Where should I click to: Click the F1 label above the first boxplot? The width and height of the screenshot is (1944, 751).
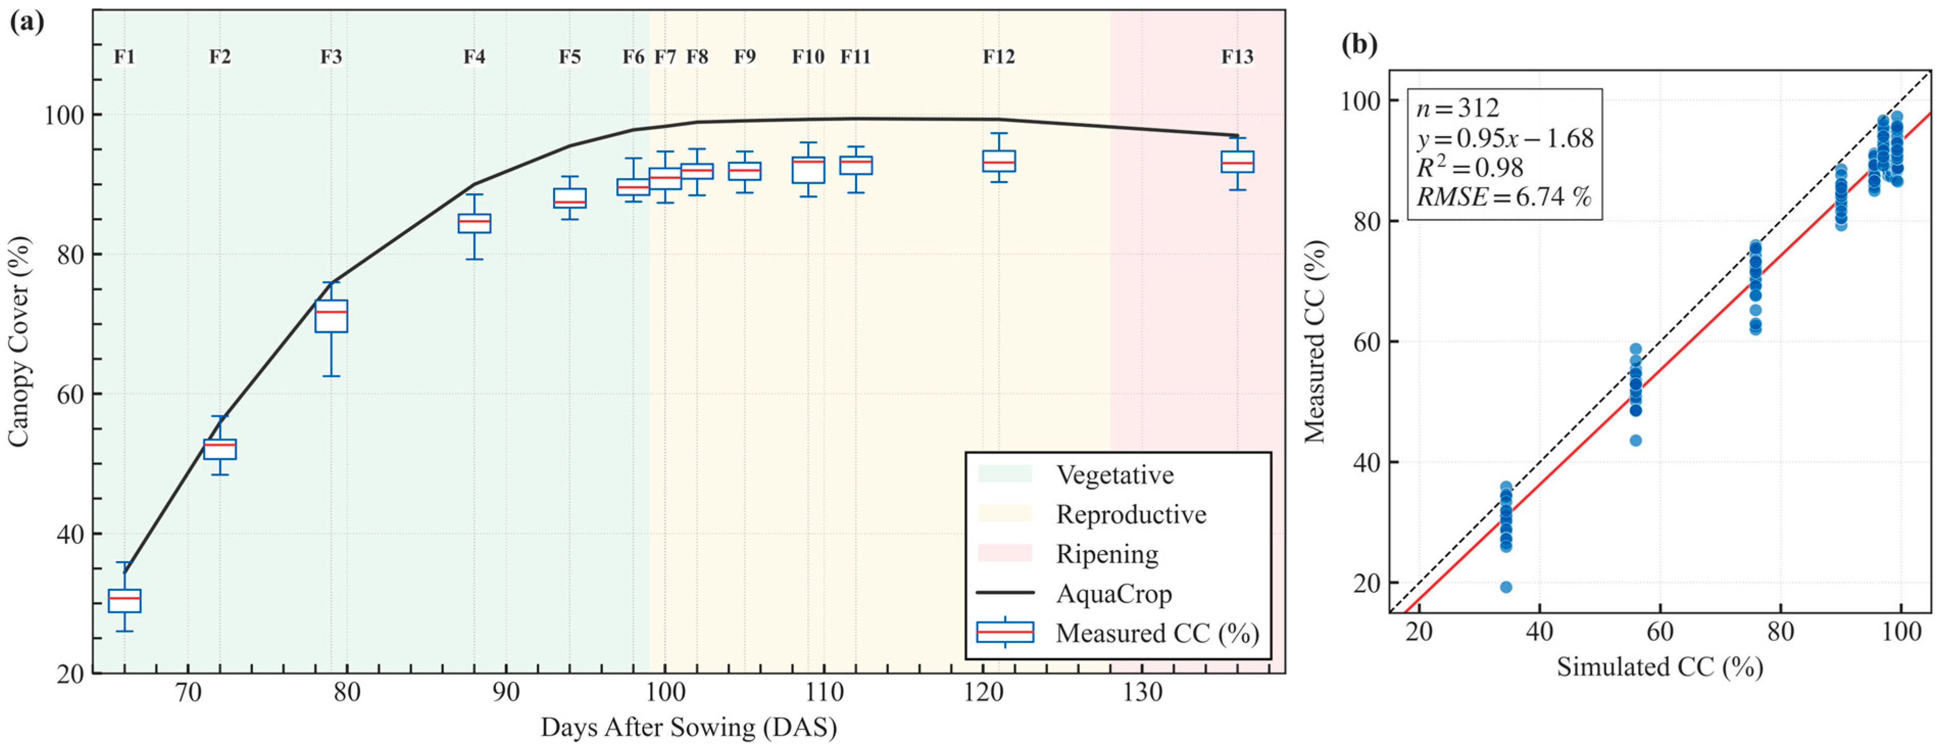[x=124, y=57]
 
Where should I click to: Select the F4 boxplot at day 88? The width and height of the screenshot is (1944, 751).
[x=474, y=223]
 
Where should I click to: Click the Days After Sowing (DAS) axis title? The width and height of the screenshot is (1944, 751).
[x=688, y=728]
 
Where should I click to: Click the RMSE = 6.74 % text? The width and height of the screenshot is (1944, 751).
[x=1503, y=197]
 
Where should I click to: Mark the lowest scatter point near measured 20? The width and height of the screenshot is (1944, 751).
[x=1506, y=586]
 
